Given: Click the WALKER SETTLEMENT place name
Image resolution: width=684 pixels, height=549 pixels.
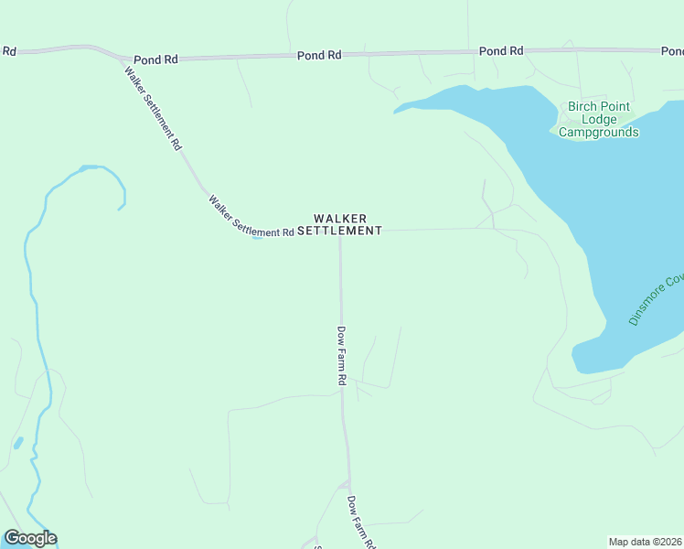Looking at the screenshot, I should tap(339, 224).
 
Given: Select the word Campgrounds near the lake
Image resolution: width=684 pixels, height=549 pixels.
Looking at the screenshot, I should tap(598, 133).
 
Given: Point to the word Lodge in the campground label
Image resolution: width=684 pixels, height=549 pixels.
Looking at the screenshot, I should tap(599, 120).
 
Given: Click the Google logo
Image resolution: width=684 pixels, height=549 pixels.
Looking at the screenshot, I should tap(30, 538).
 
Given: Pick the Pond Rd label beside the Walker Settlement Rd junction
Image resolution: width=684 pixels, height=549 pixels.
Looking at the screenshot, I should tap(155, 59).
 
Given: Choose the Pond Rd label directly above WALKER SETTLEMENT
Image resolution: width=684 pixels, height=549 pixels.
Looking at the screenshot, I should tap(319, 56).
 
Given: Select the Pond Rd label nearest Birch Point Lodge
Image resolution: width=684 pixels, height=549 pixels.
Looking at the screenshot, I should tap(501, 51).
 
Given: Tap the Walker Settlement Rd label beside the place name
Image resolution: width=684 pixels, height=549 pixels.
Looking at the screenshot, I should tap(250, 217).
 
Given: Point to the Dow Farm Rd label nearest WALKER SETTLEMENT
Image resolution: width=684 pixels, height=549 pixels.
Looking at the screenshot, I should tap(341, 355).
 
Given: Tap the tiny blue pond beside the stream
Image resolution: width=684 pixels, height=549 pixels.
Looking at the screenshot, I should tap(18, 443).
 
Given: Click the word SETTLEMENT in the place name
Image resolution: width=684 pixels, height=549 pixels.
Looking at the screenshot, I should tap(339, 231).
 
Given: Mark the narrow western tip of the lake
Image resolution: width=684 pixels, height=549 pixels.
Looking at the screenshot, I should tap(397, 112).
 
